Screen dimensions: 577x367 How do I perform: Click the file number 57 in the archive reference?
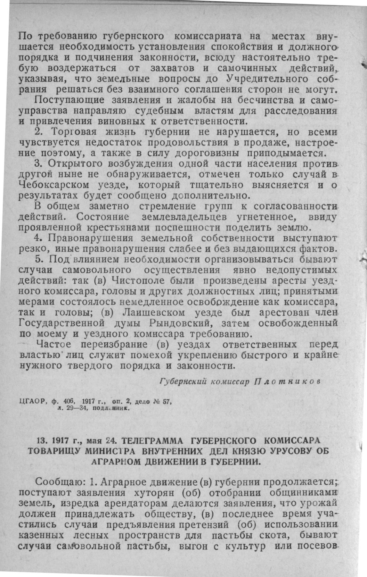tap(168, 401)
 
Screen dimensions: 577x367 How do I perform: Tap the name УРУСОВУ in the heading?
tap(292, 450)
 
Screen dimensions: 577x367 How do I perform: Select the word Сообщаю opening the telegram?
tap(60, 482)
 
